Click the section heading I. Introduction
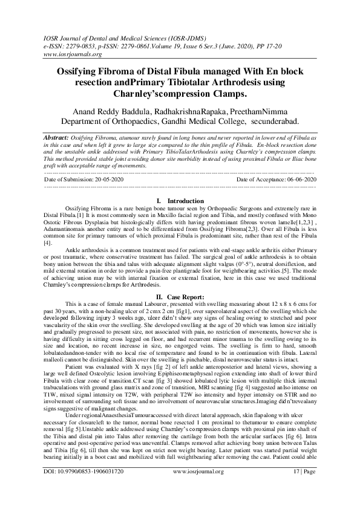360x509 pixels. click(180, 200)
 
